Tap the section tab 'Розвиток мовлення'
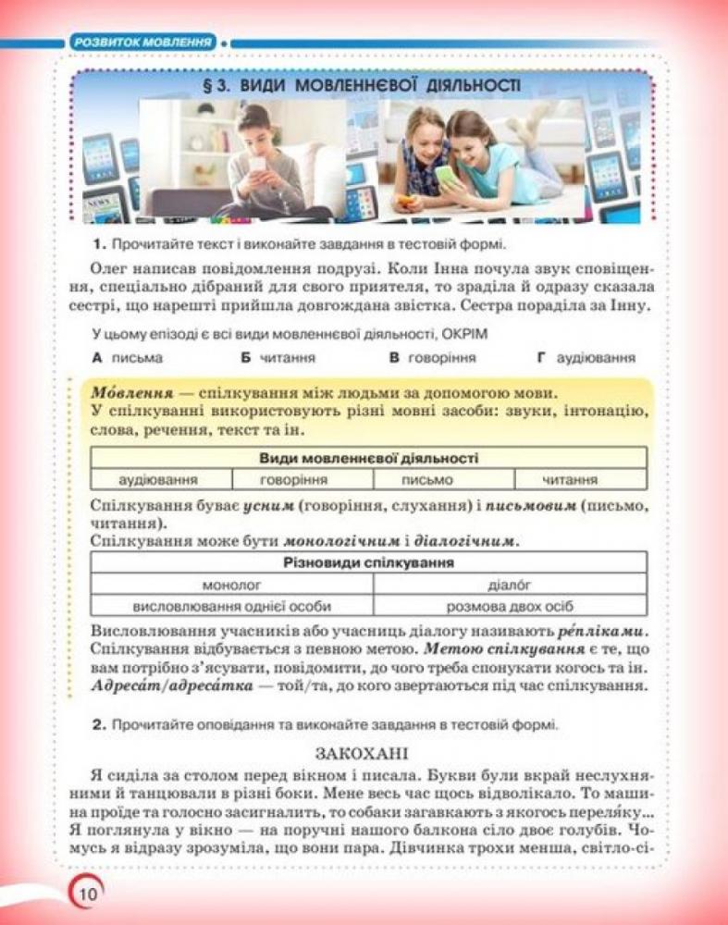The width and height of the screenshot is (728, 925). click(142, 42)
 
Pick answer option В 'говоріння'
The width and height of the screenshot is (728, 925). click(431, 357)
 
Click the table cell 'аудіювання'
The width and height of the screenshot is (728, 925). click(159, 479)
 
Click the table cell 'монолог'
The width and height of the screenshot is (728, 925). click(231, 585)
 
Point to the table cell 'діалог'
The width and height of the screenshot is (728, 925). click(508, 585)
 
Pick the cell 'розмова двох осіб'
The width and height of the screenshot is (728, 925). click(508, 607)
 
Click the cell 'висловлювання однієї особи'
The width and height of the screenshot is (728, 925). click(231, 607)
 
